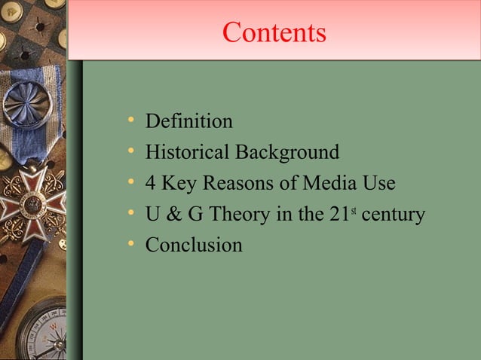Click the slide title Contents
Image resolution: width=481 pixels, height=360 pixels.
[x=274, y=33]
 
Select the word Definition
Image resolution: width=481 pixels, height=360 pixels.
[x=188, y=121]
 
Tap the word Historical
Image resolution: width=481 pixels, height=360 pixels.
[x=188, y=153]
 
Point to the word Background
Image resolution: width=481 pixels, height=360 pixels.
[x=287, y=153]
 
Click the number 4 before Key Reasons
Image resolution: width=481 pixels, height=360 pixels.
[x=151, y=184]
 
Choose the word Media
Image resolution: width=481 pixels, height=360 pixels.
[x=325, y=184]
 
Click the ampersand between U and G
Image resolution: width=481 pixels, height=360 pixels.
[x=173, y=215]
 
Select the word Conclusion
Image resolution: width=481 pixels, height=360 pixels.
[x=194, y=246]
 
